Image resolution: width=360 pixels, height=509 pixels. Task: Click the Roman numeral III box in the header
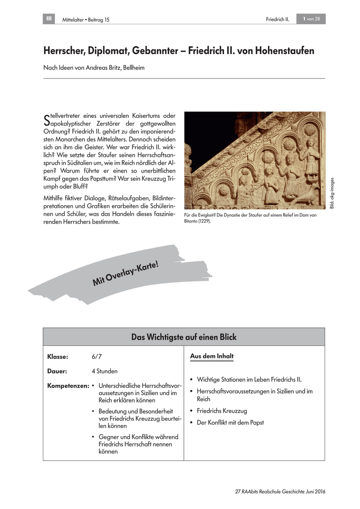point(49,19)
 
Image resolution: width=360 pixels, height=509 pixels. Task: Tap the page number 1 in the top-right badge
point(304,19)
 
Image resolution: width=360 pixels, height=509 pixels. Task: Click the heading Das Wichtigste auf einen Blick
point(184,337)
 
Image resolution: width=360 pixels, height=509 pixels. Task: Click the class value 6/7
point(96,357)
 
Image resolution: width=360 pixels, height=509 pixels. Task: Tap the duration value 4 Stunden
point(104,371)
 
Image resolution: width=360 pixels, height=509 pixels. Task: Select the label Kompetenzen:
point(68,386)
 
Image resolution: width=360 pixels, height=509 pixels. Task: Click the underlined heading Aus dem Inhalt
point(212,356)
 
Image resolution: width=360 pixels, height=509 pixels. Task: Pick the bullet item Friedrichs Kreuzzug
point(222,411)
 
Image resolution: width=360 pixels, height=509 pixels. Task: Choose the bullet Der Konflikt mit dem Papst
point(231,422)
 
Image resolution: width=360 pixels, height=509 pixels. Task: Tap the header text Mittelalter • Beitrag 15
point(83,20)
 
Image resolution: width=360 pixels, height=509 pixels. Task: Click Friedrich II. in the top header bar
point(277,19)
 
